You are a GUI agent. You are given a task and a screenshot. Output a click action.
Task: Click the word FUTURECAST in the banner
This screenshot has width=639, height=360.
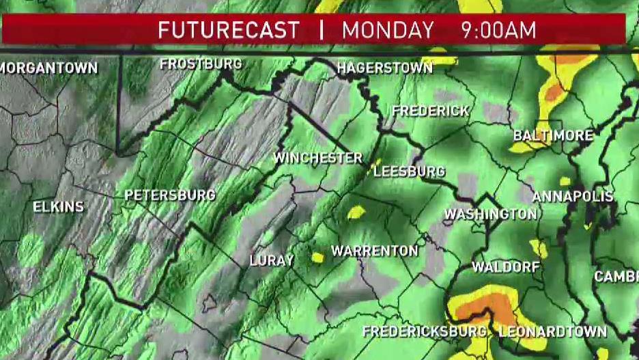(229, 30)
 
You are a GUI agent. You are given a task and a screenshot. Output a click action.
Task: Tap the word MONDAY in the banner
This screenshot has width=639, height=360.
(388, 30)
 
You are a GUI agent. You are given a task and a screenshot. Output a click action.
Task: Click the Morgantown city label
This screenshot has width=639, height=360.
(49, 68)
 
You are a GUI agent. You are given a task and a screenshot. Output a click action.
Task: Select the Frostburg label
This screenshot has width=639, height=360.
(201, 64)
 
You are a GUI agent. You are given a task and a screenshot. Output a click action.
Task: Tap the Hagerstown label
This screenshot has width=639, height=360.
(385, 68)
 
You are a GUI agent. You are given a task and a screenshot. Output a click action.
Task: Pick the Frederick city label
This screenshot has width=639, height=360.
(430, 111)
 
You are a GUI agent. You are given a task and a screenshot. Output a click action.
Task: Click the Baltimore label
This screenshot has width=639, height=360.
(553, 135)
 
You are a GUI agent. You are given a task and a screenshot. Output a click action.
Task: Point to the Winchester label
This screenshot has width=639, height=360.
(317, 158)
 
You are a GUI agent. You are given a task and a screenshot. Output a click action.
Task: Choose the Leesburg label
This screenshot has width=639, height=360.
(410, 171)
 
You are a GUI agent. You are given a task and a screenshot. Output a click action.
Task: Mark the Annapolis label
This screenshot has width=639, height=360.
(573, 197)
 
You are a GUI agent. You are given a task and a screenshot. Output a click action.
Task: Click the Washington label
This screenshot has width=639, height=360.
(490, 214)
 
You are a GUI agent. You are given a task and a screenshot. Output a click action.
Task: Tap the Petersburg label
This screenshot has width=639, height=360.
(170, 196)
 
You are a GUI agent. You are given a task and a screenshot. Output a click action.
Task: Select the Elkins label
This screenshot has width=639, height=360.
(58, 206)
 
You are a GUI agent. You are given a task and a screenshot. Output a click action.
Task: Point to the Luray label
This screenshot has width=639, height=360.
(271, 260)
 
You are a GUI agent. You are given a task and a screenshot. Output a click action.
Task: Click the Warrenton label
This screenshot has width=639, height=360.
(374, 251)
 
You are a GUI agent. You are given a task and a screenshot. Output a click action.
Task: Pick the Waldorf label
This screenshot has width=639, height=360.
(505, 266)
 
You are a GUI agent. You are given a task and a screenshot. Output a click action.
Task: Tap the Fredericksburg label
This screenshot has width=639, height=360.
(425, 332)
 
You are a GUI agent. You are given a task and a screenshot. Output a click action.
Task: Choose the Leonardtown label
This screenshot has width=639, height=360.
(553, 332)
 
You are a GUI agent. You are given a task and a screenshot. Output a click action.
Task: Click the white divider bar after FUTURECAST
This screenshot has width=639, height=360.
(321, 30)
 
